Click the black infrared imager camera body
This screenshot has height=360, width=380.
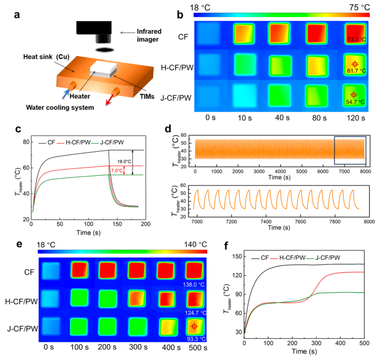point(94,28)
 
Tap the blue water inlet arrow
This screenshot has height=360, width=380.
point(66,94)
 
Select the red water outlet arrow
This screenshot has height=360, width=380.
point(109,100)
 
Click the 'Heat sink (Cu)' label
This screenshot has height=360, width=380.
point(46,57)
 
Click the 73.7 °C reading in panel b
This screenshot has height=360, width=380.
point(356,40)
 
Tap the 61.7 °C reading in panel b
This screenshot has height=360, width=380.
point(356,70)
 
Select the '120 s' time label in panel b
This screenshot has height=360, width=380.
point(356,118)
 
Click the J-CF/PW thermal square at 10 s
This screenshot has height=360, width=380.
point(245,95)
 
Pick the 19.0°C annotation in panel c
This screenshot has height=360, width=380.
point(124,161)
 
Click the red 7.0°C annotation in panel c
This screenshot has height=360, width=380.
point(117,170)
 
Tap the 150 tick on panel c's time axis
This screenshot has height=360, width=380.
point(117,224)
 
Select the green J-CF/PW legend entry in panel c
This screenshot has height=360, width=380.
point(108,142)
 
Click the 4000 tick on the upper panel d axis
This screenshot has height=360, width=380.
point(280,171)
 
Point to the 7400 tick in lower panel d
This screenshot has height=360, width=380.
point(266,222)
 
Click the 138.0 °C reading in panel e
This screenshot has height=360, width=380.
point(194,284)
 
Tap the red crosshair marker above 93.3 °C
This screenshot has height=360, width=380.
point(194,327)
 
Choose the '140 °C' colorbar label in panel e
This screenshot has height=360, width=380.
point(195,244)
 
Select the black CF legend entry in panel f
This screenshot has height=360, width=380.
point(260,258)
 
